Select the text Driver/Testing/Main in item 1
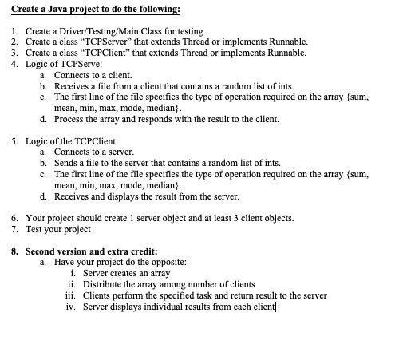92,31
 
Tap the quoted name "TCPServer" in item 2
106,42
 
